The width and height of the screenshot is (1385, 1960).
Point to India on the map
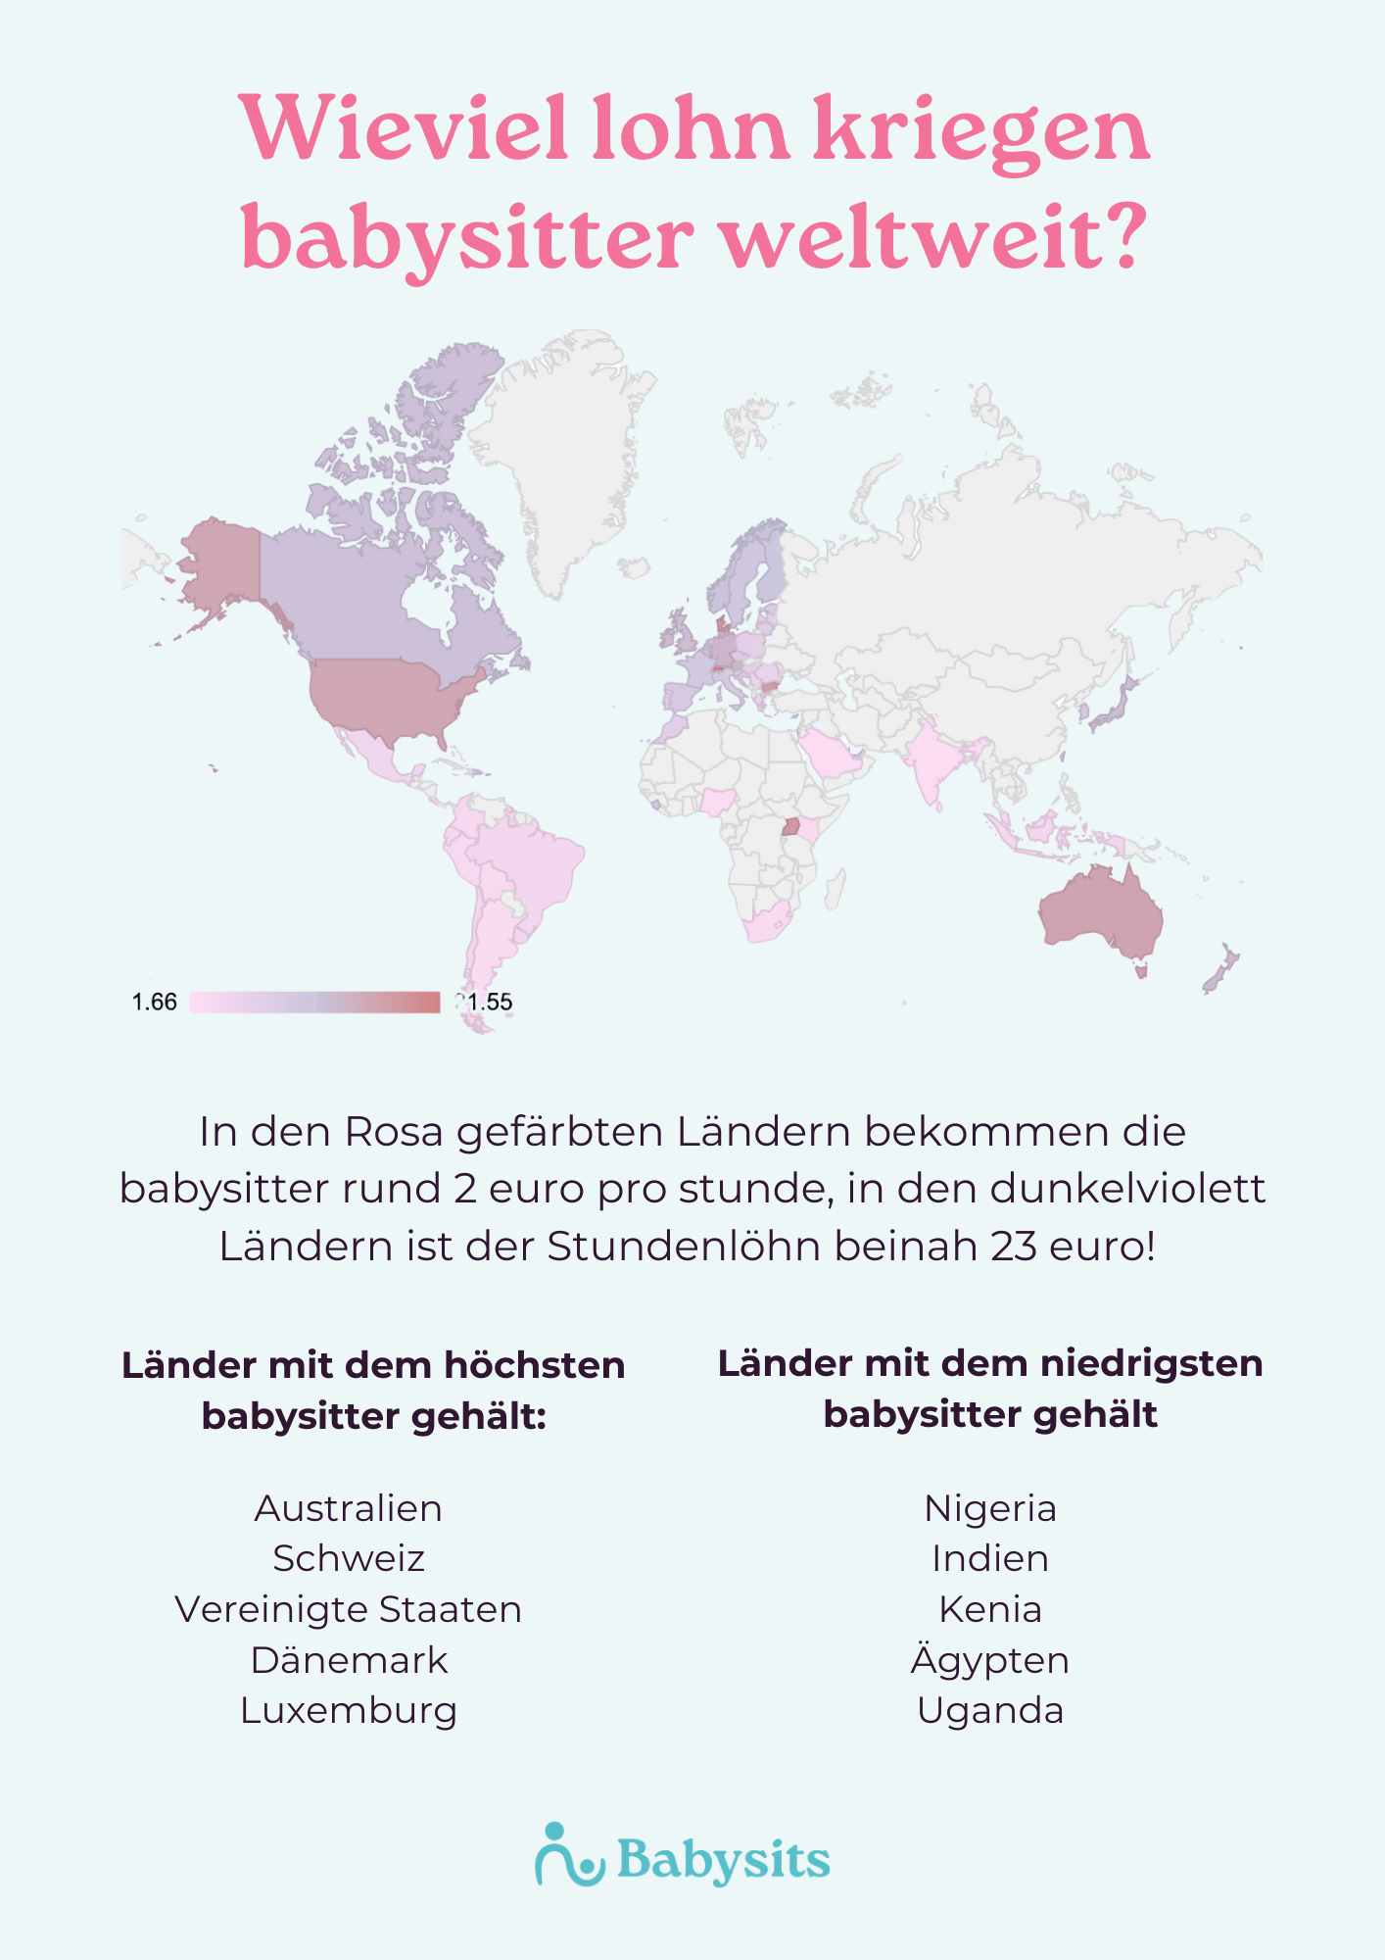(931, 764)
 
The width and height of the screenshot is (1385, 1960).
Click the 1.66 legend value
(155, 1002)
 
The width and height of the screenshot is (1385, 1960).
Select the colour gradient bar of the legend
(314, 1002)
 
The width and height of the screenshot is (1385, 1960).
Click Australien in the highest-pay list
(348, 1508)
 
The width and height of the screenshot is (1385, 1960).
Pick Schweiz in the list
(348, 1558)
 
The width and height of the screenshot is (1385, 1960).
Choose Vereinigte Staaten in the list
(348, 1609)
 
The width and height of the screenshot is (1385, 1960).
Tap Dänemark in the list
(348, 1660)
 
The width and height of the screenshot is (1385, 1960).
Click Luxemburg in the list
(348, 1710)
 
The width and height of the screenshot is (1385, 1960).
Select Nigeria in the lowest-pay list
(990, 1508)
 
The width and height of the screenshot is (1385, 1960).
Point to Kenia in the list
(990, 1609)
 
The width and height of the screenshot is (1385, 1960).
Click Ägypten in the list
(990, 1660)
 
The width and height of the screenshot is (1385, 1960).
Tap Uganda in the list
(990, 1710)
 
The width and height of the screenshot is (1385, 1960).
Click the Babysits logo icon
(568, 1854)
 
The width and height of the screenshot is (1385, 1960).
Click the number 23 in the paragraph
(1013, 1247)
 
